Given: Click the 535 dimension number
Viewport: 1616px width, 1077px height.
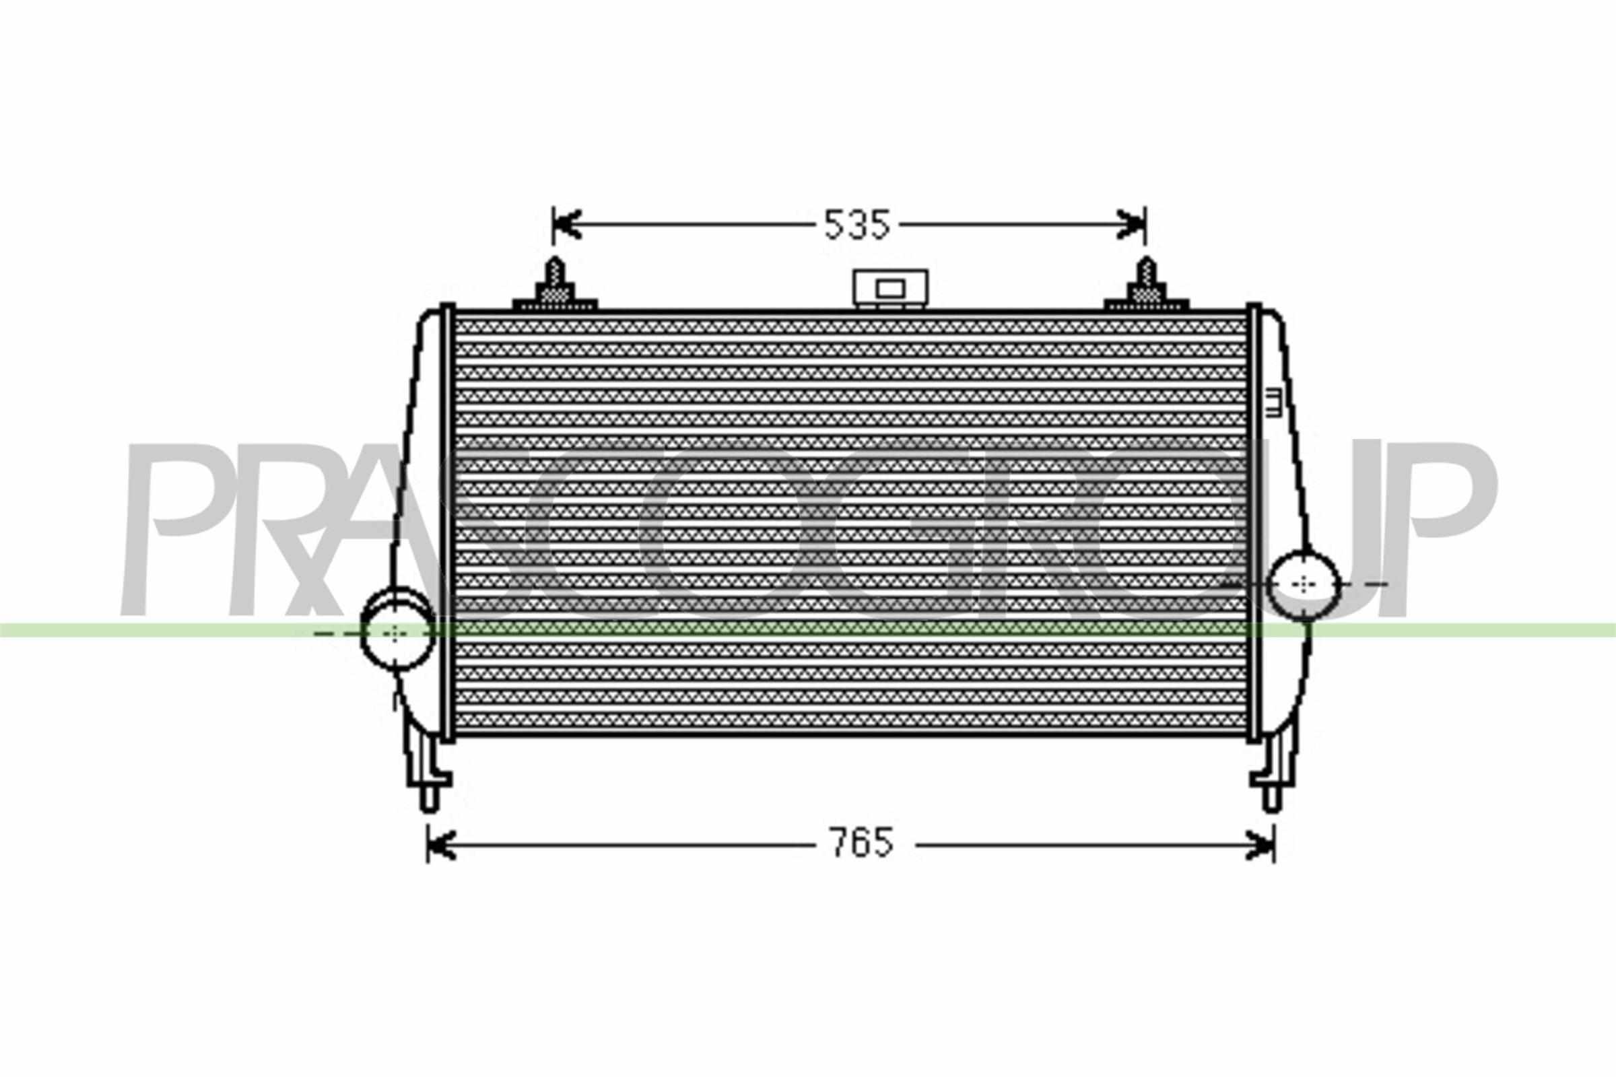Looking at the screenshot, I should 856,225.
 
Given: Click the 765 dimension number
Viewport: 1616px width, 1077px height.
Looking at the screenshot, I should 862,843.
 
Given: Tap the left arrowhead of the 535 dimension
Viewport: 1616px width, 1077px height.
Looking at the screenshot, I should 566,225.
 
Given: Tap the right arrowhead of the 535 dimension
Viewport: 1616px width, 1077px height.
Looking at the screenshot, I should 1133,225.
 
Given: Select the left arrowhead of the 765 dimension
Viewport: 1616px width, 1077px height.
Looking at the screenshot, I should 441,845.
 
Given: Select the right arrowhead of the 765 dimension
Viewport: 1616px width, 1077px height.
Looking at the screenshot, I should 1261,845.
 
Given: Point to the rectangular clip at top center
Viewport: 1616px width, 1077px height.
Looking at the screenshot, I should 889,289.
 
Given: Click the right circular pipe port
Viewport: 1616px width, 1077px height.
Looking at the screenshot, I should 1304,584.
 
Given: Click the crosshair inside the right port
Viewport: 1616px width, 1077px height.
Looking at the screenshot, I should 1304,584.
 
